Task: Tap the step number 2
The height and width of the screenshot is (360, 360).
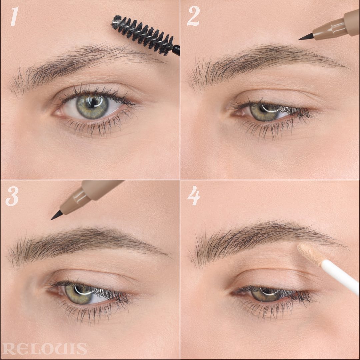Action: (193, 16)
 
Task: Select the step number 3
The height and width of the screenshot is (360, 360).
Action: (12, 196)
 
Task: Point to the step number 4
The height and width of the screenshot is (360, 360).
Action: (194, 196)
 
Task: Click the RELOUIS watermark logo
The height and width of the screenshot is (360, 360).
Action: (45, 349)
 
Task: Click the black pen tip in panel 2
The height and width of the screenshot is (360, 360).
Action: (306, 37)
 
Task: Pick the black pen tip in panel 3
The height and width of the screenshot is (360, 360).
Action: (57, 215)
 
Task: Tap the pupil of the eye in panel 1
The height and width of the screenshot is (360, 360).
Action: (92, 102)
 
